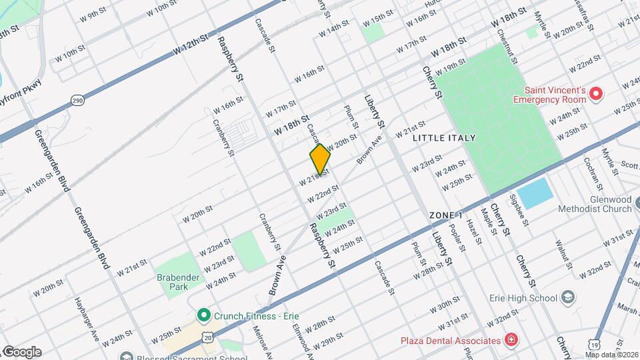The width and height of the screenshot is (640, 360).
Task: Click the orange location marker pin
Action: coord(320,159)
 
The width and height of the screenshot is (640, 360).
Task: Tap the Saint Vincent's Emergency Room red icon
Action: coord(597,95)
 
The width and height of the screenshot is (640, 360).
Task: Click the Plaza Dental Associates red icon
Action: coord(511,340)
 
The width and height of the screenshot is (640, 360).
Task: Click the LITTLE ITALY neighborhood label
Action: coord(444,138)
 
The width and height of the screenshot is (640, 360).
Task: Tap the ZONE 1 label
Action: coord(446,215)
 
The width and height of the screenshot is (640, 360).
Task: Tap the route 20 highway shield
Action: coord(209,339)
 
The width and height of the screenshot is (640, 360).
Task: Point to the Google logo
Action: coord(21,351)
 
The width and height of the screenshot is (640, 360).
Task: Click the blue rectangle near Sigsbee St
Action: coord(536,193)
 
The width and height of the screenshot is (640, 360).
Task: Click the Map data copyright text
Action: coord(613,355)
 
